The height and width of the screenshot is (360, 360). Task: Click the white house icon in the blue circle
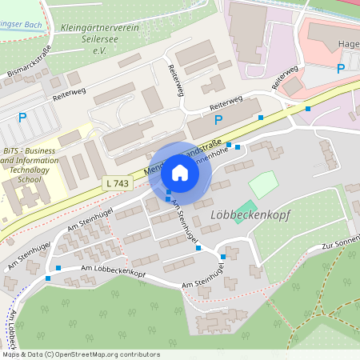tap(180, 172)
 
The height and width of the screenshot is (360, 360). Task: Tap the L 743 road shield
tap(117, 184)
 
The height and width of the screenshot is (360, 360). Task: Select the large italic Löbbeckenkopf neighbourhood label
tap(250, 215)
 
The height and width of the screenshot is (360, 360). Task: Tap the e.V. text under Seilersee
tap(99, 50)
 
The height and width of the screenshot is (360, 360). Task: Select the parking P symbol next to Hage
tap(341, 69)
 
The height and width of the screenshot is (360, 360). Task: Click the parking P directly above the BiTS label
tap(22, 118)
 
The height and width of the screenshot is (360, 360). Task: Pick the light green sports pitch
tap(263, 185)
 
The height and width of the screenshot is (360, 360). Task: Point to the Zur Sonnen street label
tap(339, 245)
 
